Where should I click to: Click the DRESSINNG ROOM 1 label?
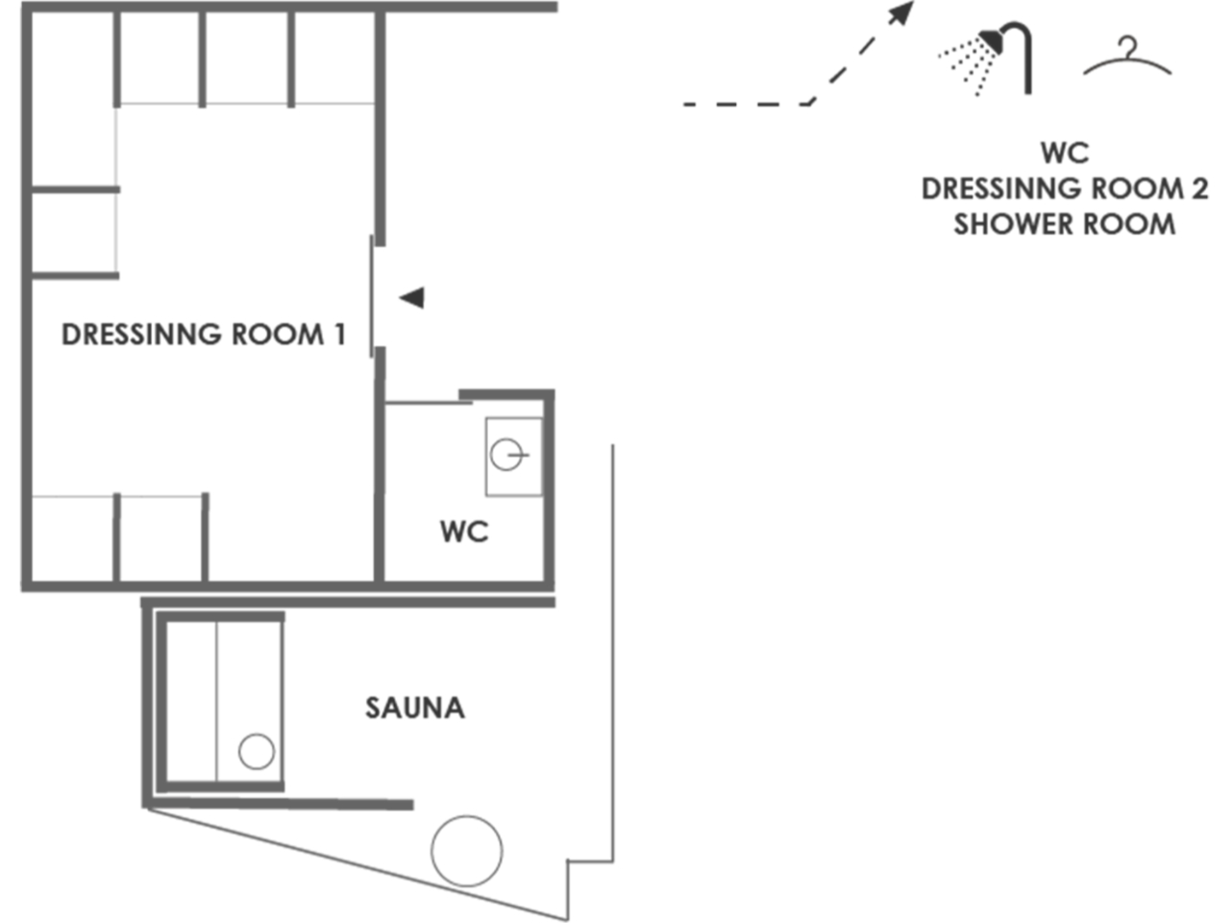click(204, 335)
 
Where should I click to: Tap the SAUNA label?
click(415, 708)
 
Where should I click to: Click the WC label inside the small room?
click(464, 532)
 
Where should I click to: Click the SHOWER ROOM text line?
click(1065, 224)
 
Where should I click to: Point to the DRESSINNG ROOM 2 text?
click(1065, 188)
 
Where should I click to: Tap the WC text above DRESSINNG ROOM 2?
click(1065, 153)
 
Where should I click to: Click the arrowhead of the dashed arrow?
click(900, 12)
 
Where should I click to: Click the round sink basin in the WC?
click(507, 455)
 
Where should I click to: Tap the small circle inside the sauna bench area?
click(257, 752)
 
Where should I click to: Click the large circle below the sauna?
click(467, 851)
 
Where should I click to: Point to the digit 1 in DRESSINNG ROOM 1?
click(339, 335)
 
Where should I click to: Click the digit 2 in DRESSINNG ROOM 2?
click(1200, 188)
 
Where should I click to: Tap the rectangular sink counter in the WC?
click(514, 456)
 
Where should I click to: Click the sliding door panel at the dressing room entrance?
click(371, 296)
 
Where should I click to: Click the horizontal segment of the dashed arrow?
click(747, 104)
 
